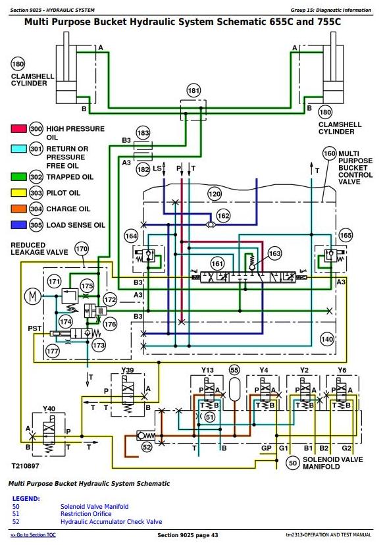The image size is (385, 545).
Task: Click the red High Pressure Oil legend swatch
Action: point(19,128)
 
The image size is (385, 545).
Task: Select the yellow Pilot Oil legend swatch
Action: point(19,193)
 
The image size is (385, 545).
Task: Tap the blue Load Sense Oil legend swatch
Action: point(19,224)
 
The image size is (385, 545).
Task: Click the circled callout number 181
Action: point(193,91)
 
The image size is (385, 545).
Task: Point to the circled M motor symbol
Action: point(32,296)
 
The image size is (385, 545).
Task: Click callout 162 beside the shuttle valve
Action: point(223,215)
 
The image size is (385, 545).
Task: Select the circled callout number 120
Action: point(215,194)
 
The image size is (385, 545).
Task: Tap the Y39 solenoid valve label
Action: point(128,370)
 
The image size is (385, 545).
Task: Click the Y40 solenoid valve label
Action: point(49,408)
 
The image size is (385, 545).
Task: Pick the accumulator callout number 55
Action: point(234,370)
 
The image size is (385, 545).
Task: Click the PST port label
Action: point(34,328)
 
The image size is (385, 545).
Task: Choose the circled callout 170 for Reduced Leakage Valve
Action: point(82,249)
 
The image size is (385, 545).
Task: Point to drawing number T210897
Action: point(26,466)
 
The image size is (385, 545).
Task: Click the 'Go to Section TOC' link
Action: point(33,534)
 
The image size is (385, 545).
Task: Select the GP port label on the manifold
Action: point(266,448)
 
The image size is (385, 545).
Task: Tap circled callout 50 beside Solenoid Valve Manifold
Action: point(293,463)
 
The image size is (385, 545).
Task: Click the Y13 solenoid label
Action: point(207,370)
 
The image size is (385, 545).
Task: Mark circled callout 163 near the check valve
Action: point(274,253)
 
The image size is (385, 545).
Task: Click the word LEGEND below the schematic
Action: point(26,498)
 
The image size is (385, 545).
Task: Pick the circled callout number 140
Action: point(327,339)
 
